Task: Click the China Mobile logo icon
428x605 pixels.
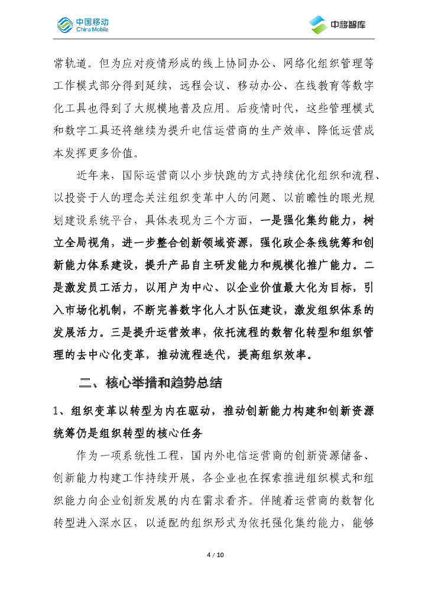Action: (x=64, y=24)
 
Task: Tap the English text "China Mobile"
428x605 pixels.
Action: (x=92, y=29)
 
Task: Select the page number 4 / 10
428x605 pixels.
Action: (x=214, y=555)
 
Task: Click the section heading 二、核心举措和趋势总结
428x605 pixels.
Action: (x=150, y=383)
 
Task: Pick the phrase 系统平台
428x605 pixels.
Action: (x=113, y=220)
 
